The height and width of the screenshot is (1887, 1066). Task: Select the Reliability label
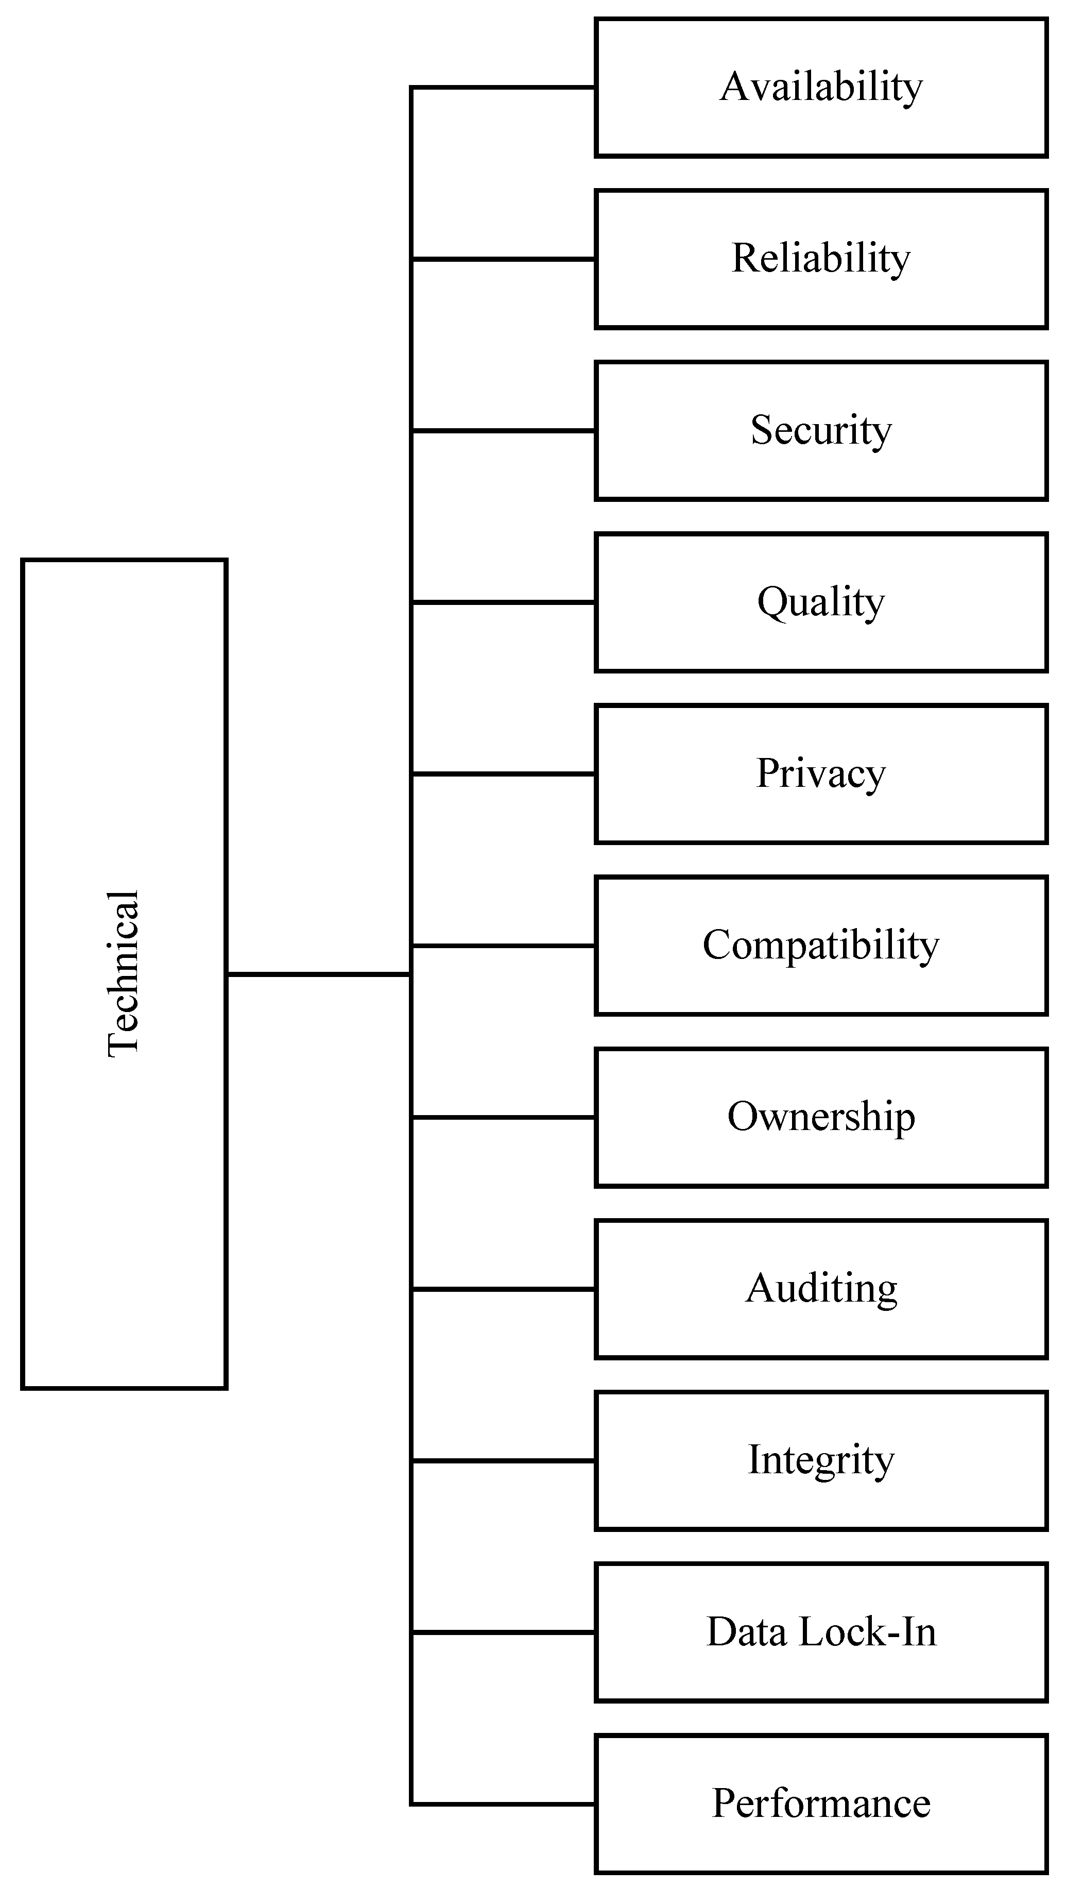coord(821,259)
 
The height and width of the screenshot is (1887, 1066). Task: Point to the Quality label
coord(821,603)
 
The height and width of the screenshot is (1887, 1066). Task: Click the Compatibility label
coord(821,946)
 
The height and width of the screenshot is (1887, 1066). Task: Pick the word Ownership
coord(821,1118)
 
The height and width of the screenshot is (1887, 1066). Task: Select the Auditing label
coord(821,1289)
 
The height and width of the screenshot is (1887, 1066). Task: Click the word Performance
coord(821,1804)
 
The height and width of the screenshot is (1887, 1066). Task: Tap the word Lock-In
coord(868,1632)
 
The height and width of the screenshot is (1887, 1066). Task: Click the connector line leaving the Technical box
coord(318,974)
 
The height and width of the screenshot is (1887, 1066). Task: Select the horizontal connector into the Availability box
coord(504,88)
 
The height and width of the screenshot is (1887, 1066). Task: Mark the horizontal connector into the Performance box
coord(504,1804)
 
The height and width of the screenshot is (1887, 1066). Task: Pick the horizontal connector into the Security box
coord(504,431)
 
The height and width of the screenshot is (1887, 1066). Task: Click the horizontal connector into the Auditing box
coord(504,1289)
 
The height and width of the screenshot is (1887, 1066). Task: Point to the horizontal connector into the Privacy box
coord(504,773)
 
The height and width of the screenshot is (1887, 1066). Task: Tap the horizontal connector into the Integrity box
coord(504,1461)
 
